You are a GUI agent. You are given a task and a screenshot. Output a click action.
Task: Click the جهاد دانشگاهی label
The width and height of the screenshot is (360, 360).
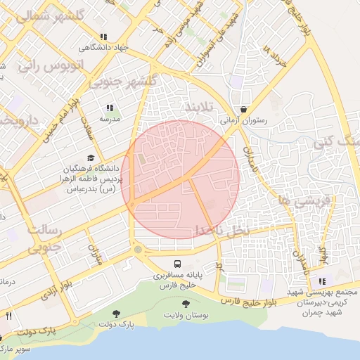(x=96, y=48)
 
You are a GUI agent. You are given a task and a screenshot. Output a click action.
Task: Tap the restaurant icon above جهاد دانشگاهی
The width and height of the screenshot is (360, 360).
(x=103, y=37)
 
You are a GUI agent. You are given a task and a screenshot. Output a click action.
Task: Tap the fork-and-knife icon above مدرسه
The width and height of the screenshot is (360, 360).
(x=110, y=108)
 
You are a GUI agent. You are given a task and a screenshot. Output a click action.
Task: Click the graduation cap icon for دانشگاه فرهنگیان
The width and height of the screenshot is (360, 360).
(x=90, y=159)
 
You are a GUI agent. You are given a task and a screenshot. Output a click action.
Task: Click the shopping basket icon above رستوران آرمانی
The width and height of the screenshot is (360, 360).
(x=243, y=110)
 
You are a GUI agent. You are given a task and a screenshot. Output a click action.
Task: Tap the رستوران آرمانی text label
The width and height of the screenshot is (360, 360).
(x=244, y=120)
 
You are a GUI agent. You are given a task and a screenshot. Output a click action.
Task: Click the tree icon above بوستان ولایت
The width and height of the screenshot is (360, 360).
(x=186, y=304)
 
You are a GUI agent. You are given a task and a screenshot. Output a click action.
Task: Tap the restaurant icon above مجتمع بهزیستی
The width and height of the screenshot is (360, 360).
(x=322, y=281)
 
